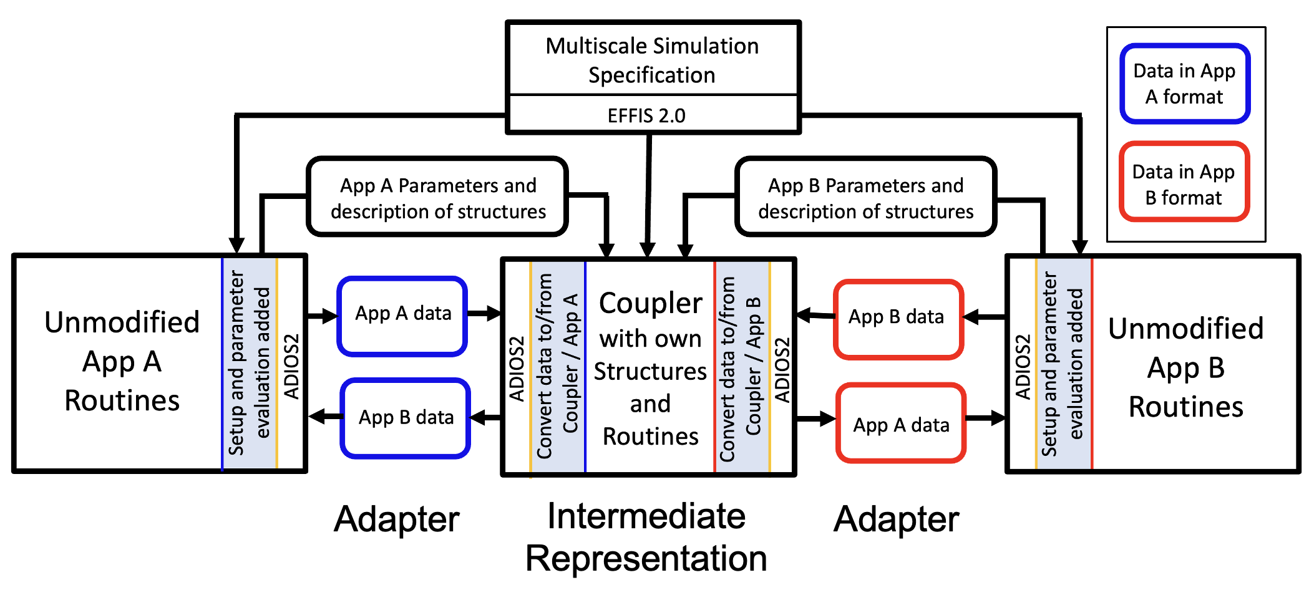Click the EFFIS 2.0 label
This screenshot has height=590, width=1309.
646,115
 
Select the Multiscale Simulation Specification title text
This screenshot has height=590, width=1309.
652,60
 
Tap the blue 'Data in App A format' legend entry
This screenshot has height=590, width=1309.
1184,84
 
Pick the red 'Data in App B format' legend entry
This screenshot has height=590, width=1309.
1184,184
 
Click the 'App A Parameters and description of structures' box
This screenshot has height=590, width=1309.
438,198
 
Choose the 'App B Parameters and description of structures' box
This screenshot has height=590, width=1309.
865,198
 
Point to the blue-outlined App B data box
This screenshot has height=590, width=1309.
406,417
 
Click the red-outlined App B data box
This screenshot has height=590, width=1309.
897,317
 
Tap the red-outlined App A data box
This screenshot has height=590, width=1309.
901,425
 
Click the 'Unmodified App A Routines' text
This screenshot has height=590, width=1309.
122,362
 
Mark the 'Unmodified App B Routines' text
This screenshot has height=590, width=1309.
1185,367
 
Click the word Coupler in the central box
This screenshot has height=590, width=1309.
650,304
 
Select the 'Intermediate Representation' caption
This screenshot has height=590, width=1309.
646,537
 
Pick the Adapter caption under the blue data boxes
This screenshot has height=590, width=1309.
397,519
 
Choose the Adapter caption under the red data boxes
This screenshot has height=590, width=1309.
897,519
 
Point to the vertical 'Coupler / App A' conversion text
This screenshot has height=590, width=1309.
570,364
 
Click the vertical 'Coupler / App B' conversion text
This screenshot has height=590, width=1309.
753,367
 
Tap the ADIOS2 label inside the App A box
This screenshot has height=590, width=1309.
291,366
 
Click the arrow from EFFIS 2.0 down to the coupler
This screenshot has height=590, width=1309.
648,193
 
